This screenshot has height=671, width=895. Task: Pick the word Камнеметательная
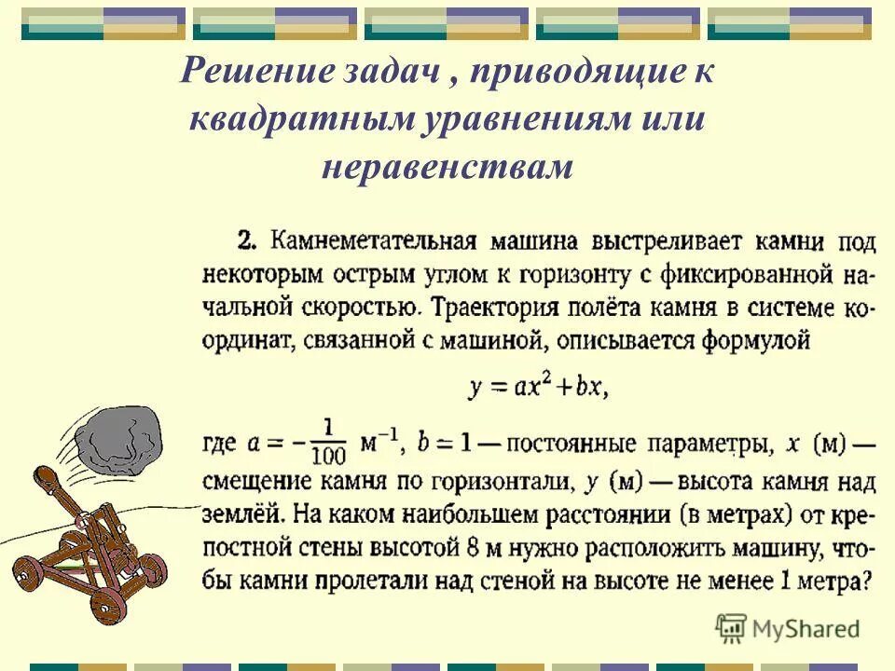(374, 242)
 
